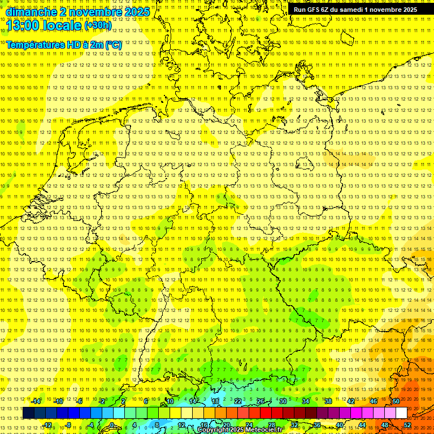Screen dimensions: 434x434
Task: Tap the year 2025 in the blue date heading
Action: [137, 12]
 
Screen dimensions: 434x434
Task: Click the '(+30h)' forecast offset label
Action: [98, 25]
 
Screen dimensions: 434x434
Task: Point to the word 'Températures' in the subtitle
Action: [35, 45]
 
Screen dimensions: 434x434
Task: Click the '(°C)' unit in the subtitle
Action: [113, 45]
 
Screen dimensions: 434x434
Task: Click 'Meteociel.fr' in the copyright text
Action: [264, 430]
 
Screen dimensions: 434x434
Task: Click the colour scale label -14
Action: [36, 401]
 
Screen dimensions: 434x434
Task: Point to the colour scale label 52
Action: [407, 425]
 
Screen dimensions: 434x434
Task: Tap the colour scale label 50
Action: [396, 401]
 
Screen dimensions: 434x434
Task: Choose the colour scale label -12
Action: [47, 425]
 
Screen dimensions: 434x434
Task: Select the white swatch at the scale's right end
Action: [401, 413]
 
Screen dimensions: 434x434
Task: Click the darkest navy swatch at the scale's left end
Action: [28, 413]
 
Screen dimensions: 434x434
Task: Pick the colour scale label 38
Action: [328, 401]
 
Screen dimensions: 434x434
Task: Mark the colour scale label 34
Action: [306, 401]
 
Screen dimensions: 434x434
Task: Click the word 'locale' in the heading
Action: [60, 25]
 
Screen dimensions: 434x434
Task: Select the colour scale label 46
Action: [374, 401]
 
